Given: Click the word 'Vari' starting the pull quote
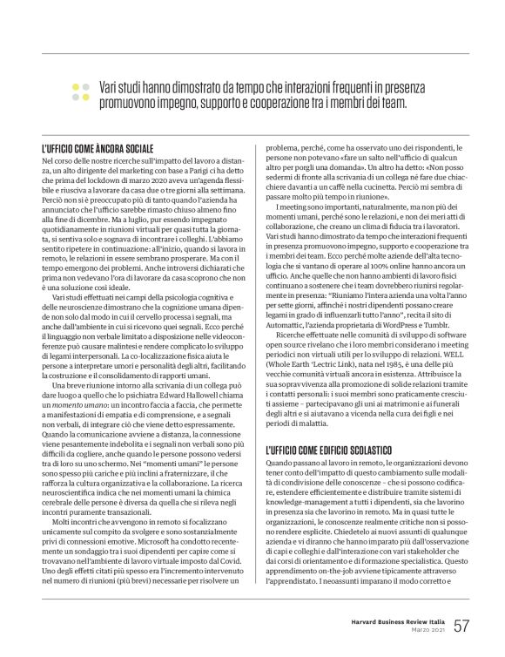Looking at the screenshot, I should coord(108,89).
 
